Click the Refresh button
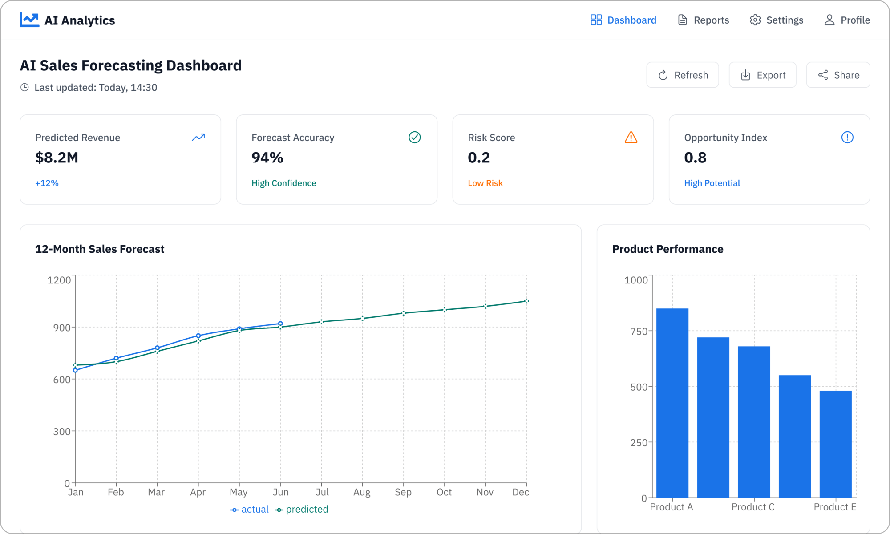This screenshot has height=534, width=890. (682, 75)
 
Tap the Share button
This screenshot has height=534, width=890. (838, 75)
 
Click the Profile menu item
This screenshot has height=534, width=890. (847, 20)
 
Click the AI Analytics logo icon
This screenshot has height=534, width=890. (29, 20)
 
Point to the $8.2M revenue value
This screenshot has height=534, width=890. (57, 158)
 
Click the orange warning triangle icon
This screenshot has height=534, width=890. (631, 138)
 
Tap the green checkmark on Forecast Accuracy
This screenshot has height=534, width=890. (414, 138)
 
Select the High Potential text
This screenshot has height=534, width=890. (712, 183)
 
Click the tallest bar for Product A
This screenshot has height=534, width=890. (672, 403)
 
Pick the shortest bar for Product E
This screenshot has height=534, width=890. (835, 444)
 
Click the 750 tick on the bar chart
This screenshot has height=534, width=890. (639, 332)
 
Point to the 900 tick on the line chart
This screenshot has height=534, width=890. (62, 328)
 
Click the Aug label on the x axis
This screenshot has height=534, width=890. (362, 492)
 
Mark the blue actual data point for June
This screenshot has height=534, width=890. (280, 324)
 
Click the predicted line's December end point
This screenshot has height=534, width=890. (526, 301)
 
